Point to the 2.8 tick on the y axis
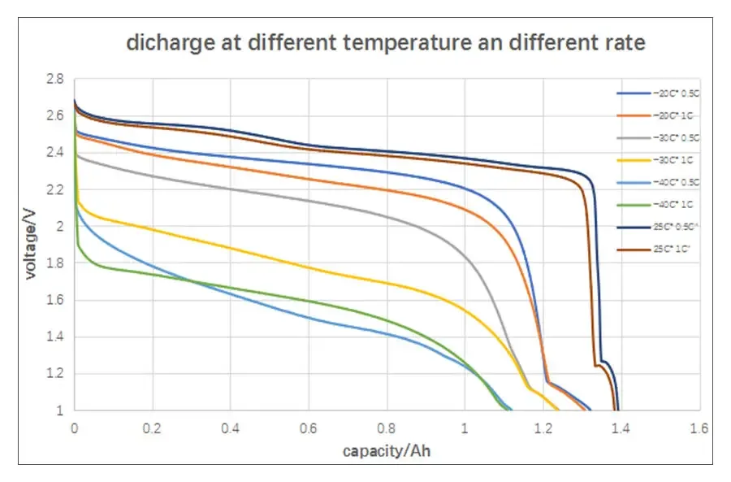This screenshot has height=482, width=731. [55, 79]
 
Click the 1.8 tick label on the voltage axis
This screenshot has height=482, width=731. [55, 263]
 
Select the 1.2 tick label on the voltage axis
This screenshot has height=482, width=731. [55, 374]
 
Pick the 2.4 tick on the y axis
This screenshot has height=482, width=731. [55, 153]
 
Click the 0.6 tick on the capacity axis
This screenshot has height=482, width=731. [309, 427]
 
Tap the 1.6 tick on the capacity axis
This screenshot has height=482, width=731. [699, 427]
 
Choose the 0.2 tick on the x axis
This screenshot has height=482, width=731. [153, 427]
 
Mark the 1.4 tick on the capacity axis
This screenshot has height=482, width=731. [621, 427]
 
